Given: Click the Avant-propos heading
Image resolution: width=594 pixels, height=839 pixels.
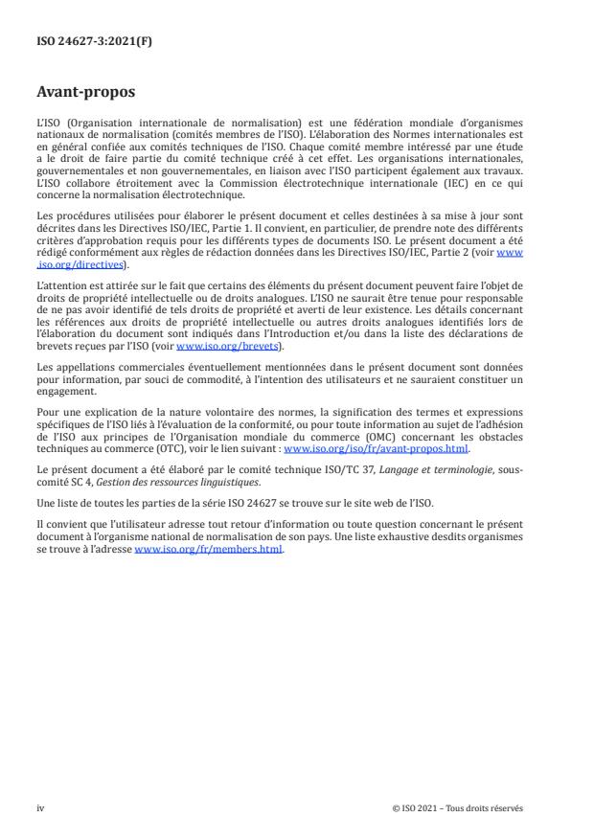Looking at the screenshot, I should pyautogui.click(x=85, y=94).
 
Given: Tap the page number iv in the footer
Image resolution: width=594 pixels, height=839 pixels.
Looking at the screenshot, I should pyautogui.click(x=40, y=807).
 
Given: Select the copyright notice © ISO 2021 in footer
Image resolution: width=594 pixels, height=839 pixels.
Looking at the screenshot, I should pyautogui.click(x=458, y=807).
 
